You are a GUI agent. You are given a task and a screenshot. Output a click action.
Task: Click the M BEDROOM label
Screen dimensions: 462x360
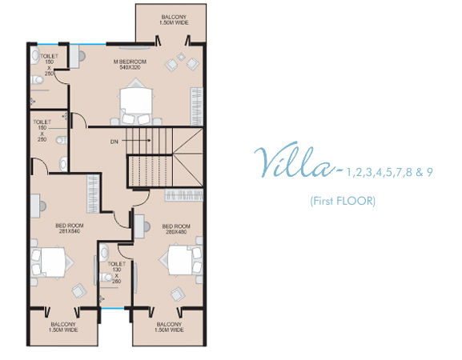[x=130, y=65]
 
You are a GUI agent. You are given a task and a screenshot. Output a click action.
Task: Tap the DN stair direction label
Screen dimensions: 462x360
[x=114, y=142]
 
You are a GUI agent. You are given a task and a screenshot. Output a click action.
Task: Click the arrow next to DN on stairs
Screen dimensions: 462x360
[x=136, y=141]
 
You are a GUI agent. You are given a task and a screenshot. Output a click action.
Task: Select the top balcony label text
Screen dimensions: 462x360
[x=174, y=20]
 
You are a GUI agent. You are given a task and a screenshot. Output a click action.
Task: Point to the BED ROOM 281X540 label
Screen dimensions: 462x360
[x=70, y=229]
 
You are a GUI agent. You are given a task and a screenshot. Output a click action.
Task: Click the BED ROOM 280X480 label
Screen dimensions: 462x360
[x=176, y=229]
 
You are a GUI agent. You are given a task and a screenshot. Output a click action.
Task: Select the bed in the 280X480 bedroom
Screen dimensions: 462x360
[x=180, y=260]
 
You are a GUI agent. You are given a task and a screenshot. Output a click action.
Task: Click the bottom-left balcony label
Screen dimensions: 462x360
[x=63, y=327]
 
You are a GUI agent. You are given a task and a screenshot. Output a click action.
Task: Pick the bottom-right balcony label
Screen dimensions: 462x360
[x=169, y=327]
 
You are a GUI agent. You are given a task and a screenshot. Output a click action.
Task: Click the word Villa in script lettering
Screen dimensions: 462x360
[x=296, y=161]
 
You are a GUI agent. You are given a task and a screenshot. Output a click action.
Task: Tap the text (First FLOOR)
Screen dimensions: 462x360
[x=343, y=201]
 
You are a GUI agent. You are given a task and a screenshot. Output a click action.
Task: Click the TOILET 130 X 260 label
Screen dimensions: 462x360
[x=116, y=273]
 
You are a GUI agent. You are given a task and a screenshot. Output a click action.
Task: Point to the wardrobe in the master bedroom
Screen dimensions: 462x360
[x=196, y=106]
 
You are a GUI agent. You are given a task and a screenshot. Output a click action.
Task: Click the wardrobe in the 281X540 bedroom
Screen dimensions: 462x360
[x=93, y=194]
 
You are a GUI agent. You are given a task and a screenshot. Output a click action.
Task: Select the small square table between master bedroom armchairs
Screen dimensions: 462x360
[x=181, y=57]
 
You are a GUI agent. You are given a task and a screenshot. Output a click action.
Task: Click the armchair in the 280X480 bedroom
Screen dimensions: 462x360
[x=178, y=294]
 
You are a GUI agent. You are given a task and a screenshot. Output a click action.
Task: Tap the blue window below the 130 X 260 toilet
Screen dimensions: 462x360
[x=113, y=309]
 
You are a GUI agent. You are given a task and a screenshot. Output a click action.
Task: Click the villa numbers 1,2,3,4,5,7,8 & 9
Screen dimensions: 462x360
[x=389, y=172]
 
